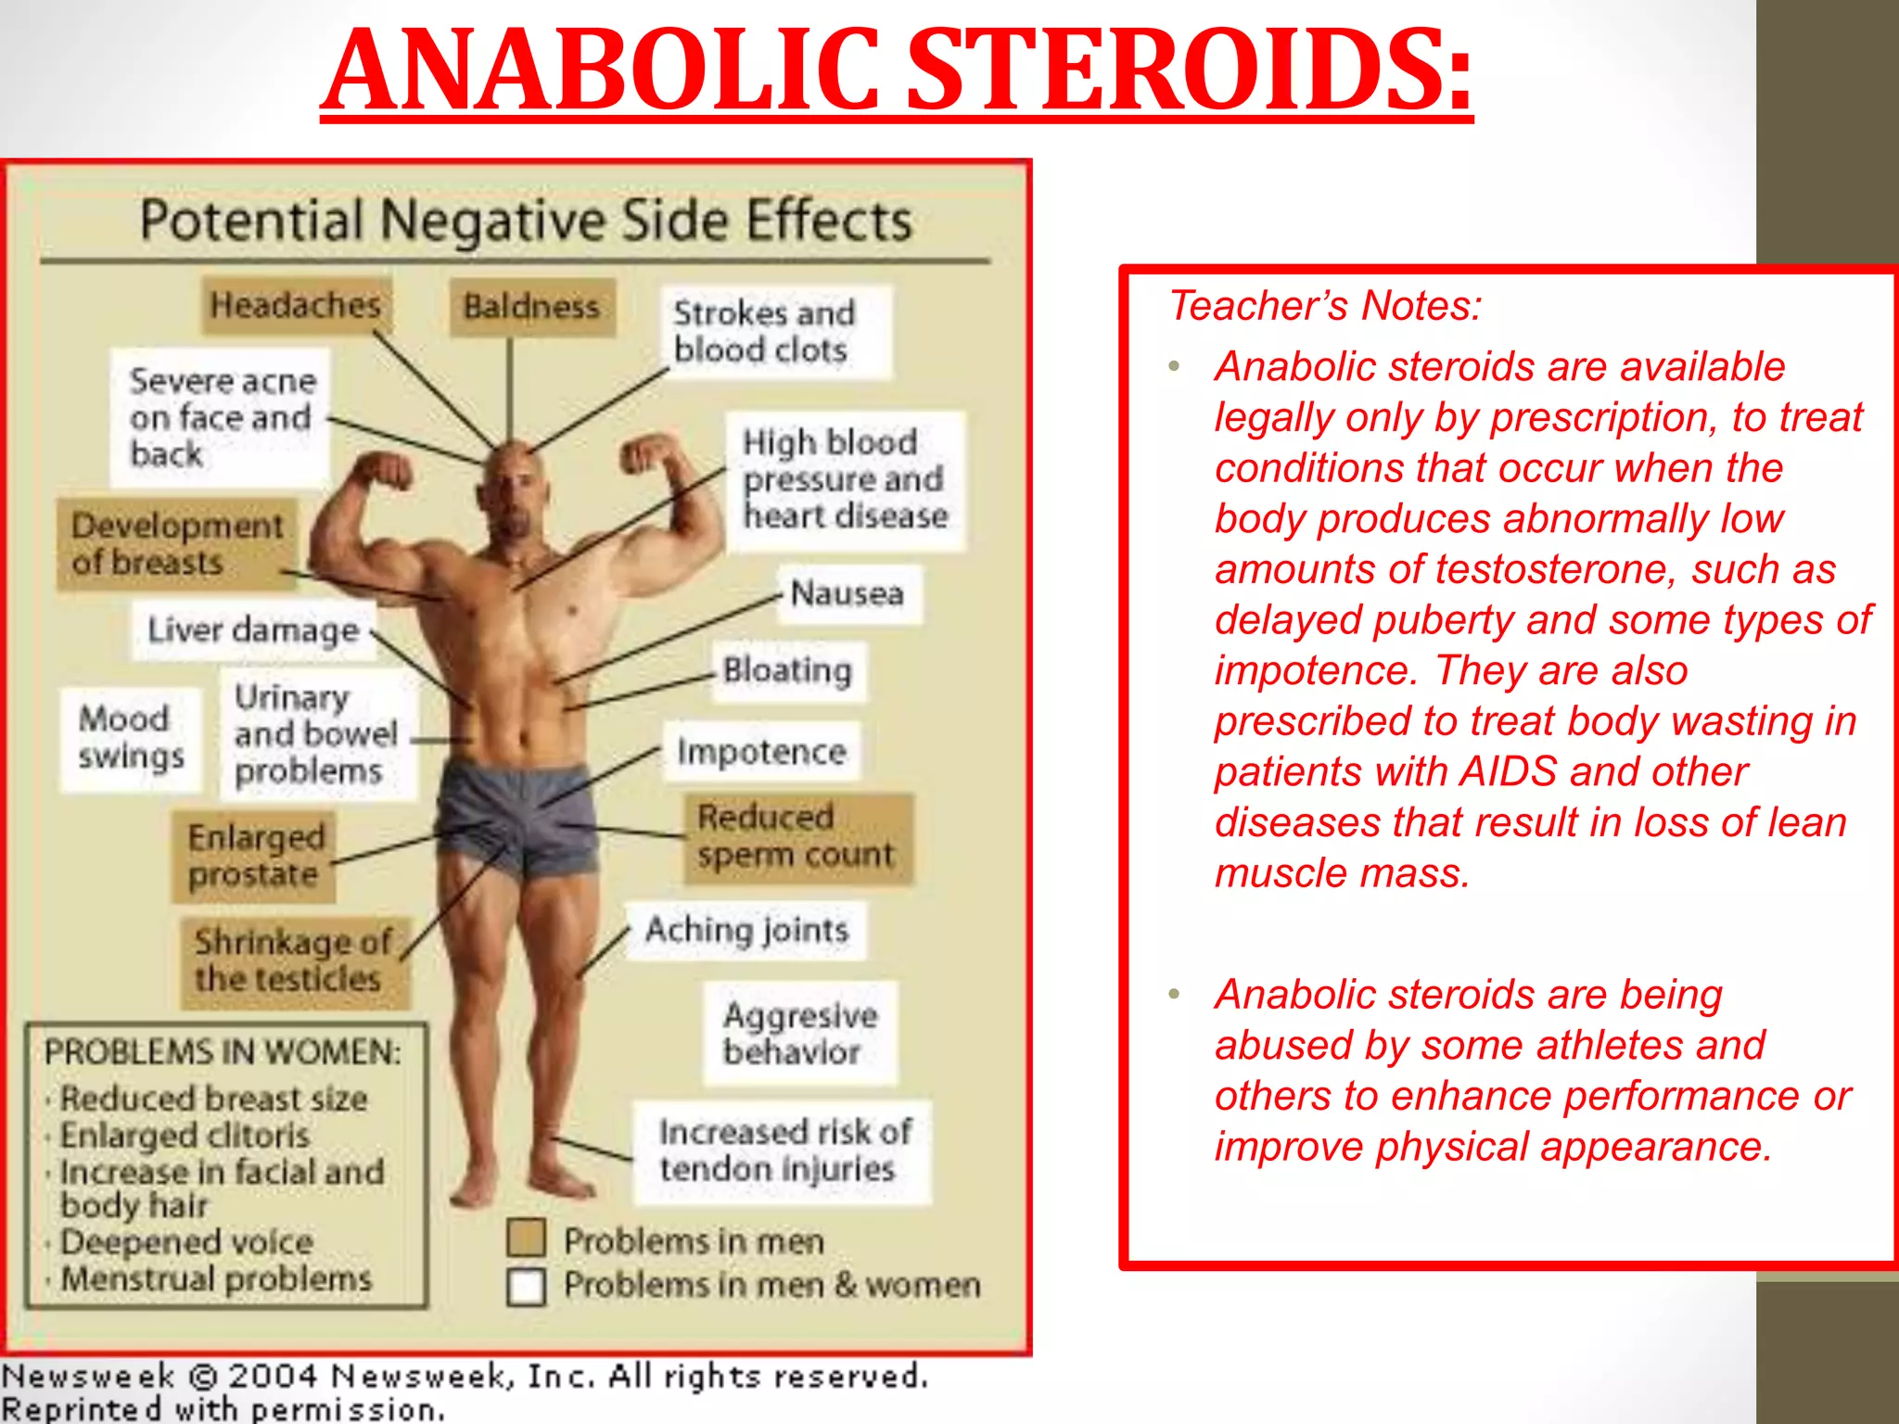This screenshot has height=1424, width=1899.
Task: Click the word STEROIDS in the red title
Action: [x=1189, y=72]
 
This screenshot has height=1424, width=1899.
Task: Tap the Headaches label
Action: [x=296, y=305]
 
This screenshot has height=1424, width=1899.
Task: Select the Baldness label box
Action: [x=532, y=307]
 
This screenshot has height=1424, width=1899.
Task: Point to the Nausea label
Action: [x=848, y=593]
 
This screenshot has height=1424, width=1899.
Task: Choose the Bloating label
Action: [x=787, y=670]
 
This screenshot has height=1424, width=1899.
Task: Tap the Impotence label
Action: [x=761, y=751]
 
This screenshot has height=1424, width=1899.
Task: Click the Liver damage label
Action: [x=253, y=630]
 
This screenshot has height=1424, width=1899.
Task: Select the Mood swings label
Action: [x=131, y=738]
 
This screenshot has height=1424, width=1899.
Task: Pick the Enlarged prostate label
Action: [x=255, y=856]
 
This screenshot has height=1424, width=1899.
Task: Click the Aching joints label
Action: [x=746, y=930]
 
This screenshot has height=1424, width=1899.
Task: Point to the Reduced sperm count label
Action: [x=797, y=837]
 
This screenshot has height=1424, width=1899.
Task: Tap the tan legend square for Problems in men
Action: [x=526, y=1240]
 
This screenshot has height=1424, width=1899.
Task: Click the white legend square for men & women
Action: [x=526, y=1286]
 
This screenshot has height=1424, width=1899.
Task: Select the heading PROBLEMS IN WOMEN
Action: [x=223, y=1052]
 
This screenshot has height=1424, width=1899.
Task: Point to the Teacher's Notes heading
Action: [x=1325, y=306]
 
